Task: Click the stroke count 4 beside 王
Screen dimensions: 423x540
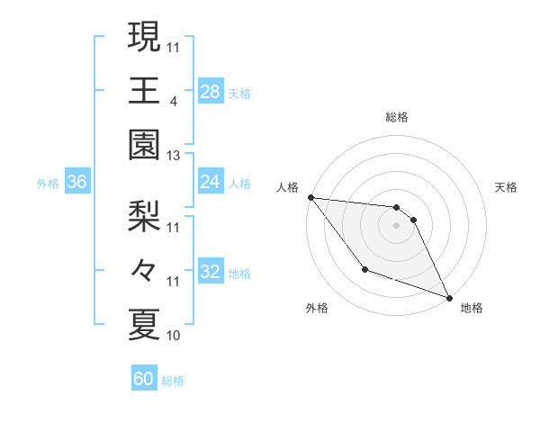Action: click(x=173, y=102)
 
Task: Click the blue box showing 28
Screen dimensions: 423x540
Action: click(x=211, y=91)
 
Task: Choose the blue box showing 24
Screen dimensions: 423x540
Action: click(x=211, y=183)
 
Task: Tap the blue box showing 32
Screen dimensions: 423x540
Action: click(x=211, y=272)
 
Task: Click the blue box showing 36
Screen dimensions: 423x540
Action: click(x=77, y=183)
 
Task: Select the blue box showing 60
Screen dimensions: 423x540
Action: click(x=144, y=379)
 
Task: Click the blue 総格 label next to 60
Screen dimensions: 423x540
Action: click(x=174, y=381)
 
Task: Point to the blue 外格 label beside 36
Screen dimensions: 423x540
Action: click(x=48, y=184)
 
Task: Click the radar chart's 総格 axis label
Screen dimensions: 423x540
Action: click(x=397, y=117)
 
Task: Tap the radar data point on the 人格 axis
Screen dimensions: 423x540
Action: click(x=310, y=197)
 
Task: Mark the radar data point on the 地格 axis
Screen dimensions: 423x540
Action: click(x=450, y=298)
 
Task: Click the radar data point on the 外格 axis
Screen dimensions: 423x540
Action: click(x=364, y=269)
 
